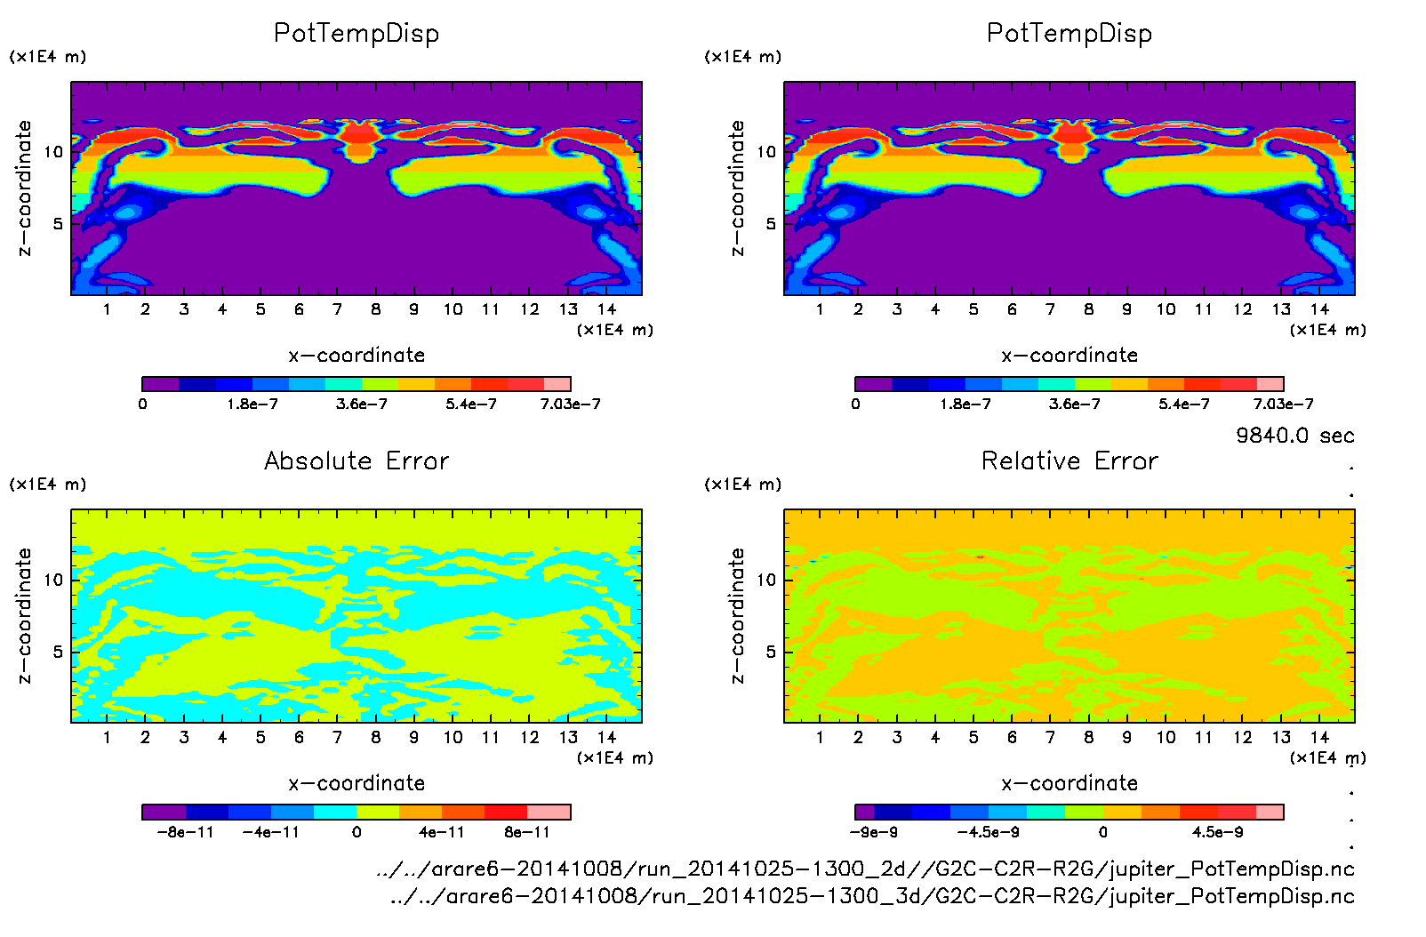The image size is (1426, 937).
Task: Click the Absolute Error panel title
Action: pos(356,460)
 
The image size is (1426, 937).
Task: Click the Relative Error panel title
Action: pos(1069,460)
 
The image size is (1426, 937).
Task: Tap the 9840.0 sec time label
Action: pos(1294,436)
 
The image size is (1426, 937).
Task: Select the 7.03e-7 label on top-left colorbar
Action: pos(570,404)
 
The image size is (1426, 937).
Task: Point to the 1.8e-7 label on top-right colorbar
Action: pos(965,404)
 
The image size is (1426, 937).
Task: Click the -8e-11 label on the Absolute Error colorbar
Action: pos(185,833)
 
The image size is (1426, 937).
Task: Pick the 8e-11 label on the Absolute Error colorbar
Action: pos(527,833)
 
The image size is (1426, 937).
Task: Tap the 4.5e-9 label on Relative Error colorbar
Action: pos(1217,833)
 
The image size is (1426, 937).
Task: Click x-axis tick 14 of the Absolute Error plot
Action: pos(606,737)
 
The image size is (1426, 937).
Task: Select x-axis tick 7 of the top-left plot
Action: pos(337,309)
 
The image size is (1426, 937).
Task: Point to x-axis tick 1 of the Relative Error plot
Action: pos(820,737)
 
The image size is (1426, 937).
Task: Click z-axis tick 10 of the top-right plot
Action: pos(766,152)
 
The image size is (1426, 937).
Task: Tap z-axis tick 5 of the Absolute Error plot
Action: pos(58,652)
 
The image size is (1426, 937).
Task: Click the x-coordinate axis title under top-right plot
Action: pos(1069,356)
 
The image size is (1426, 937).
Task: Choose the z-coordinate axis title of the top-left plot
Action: pos(25,188)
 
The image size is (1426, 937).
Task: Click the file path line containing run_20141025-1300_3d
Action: pos(871,896)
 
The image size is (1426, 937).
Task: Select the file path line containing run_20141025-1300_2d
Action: pos(865,869)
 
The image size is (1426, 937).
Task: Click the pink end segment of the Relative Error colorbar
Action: pos(1270,812)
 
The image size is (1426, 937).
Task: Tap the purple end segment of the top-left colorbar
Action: pos(160,384)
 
